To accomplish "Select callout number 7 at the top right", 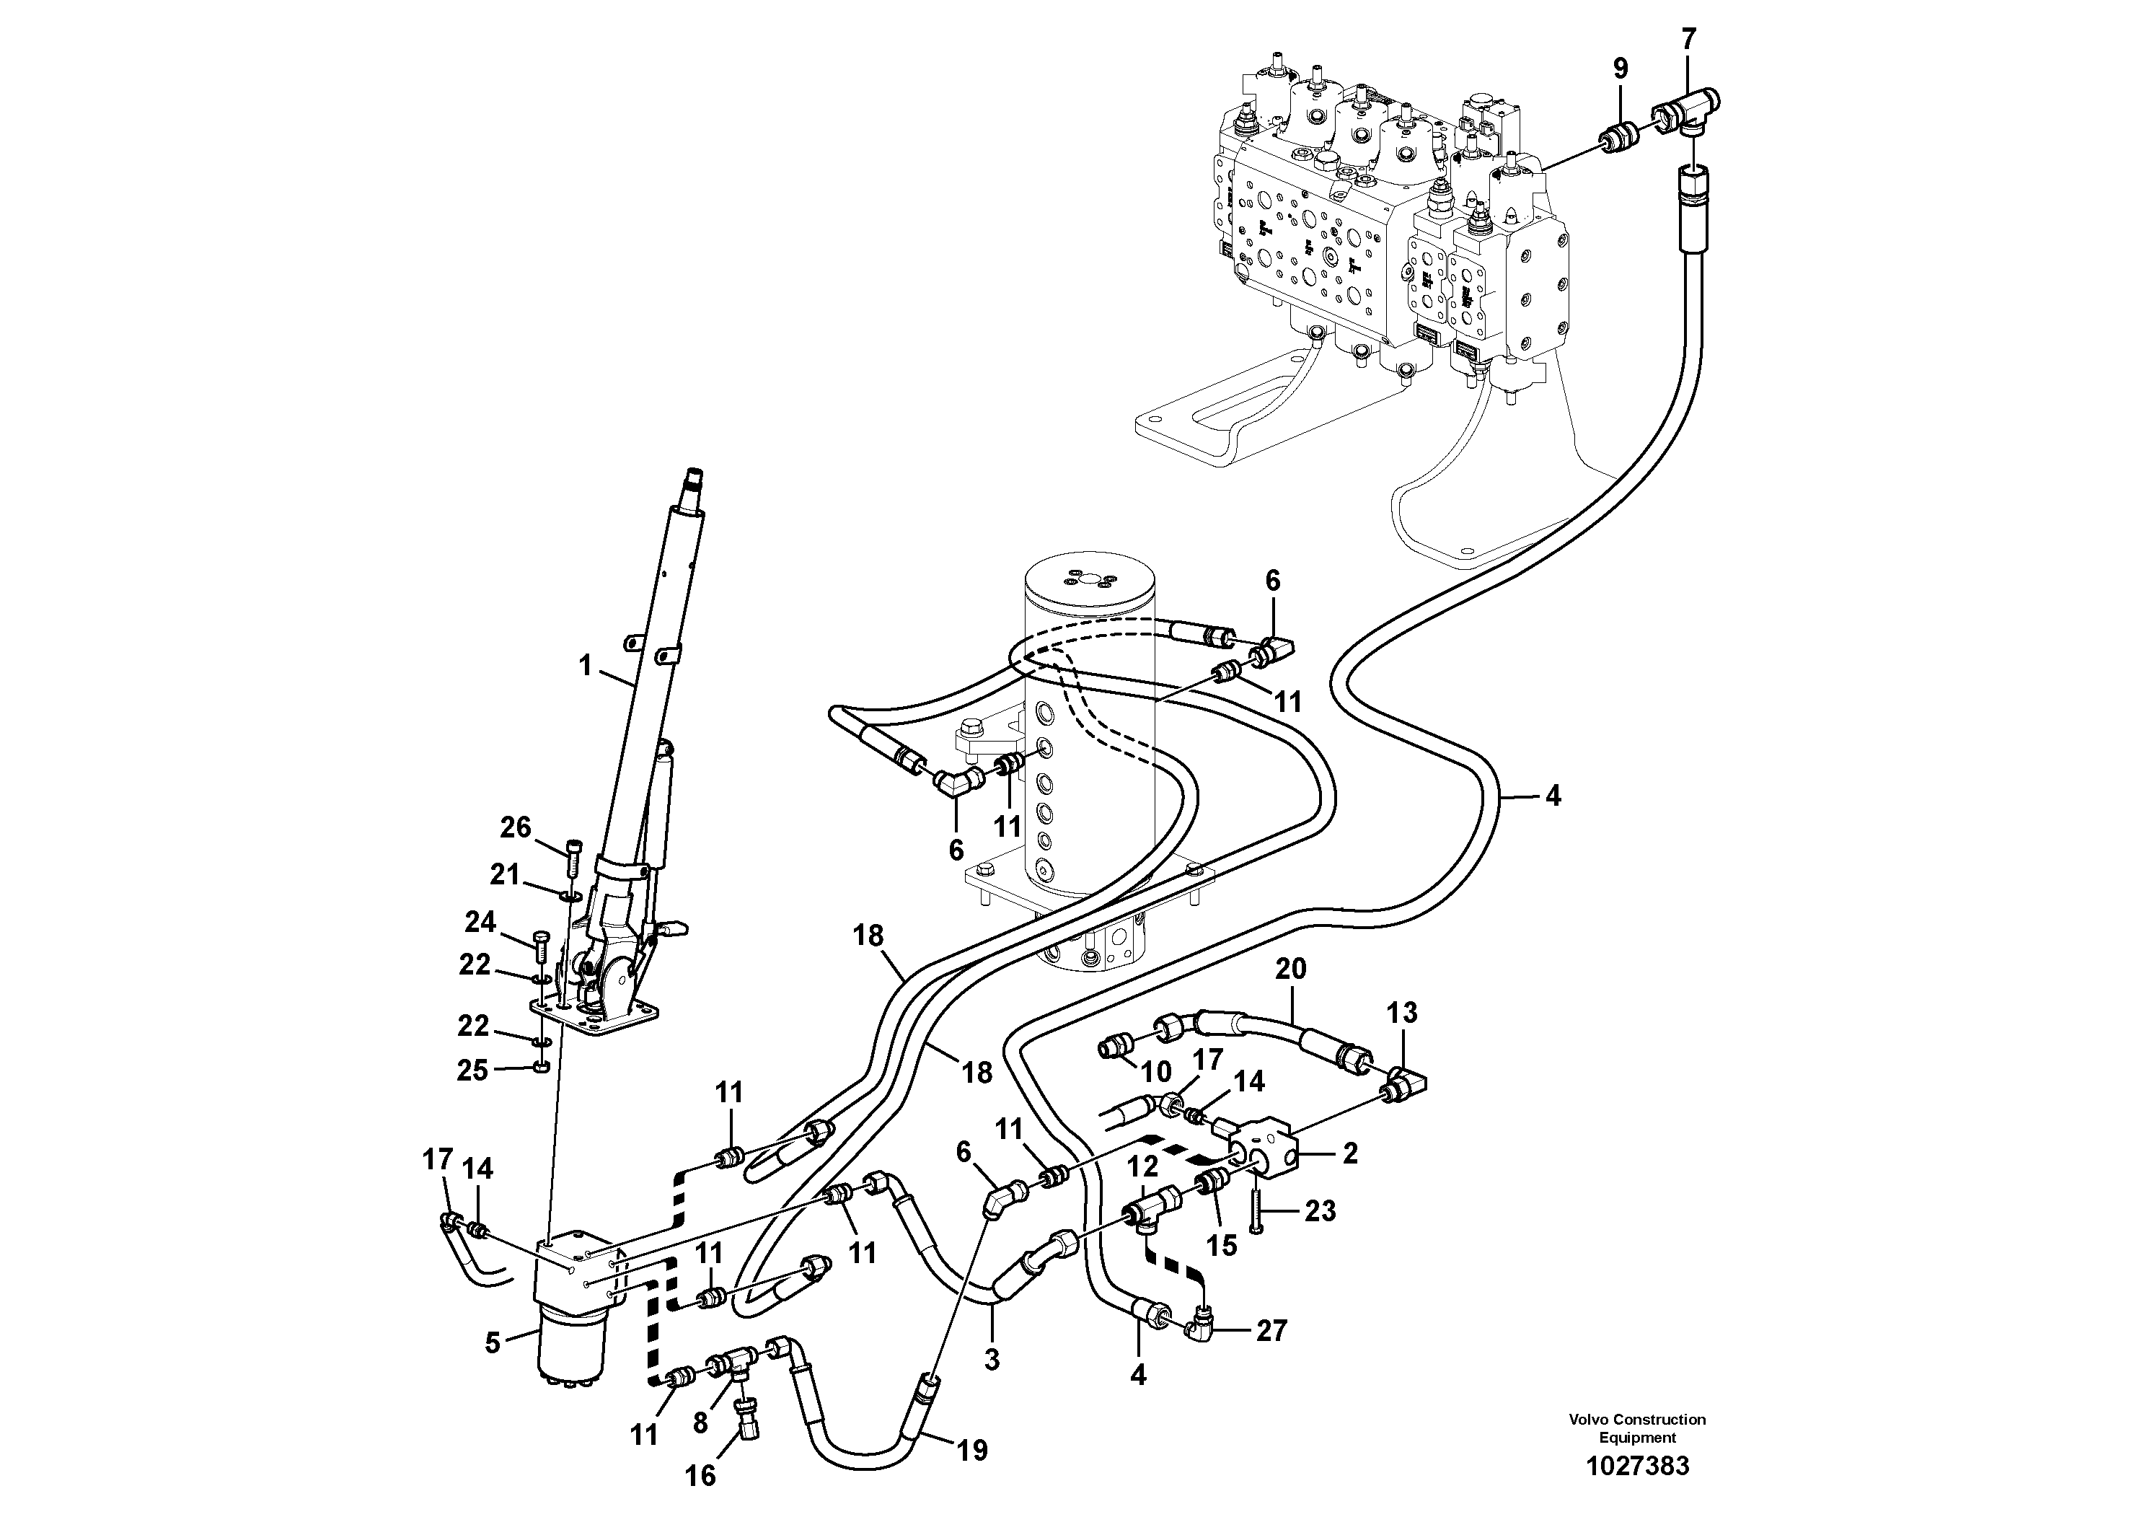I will click(1688, 39).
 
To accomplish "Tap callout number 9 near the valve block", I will click(1621, 69).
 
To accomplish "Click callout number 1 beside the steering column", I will click(586, 666).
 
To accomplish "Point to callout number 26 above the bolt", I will click(515, 827).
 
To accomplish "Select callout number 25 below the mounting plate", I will click(472, 1070).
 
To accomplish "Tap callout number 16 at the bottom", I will click(700, 1475).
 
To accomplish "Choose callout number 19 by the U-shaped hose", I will click(971, 1451).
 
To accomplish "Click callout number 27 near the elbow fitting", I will click(1271, 1330).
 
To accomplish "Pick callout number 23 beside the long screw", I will click(1320, 1211).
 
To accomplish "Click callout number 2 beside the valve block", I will click(1349, 1154).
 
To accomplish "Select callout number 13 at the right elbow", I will click(1402, 1012).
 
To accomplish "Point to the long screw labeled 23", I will click(1257, 1210).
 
